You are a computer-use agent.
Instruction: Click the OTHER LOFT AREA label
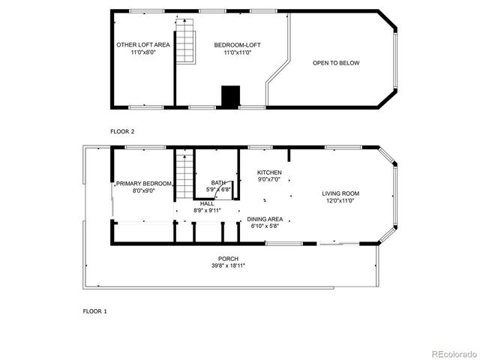tap(142, 45)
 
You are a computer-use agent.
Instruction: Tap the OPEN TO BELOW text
tap(336, 63)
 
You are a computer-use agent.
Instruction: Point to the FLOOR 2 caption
tap(122, 131)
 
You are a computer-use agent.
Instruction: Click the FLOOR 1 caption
tap(94, 310)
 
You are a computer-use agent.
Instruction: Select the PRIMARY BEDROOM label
tap(143, 184)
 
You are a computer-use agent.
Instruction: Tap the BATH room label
tap(218, 182)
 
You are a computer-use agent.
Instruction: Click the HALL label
tap(207, 203)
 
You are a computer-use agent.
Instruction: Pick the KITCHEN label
tap(269, 172)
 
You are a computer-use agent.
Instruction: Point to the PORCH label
tap(229, 259)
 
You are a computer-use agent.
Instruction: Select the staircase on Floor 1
tap(184, 174)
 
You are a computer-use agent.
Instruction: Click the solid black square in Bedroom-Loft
tap(230, 97)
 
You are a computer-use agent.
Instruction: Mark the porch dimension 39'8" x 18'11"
tap(229, 265)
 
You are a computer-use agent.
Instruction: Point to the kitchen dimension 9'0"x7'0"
tap(269, 179)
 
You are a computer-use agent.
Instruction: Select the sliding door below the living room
tap(339, 244)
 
